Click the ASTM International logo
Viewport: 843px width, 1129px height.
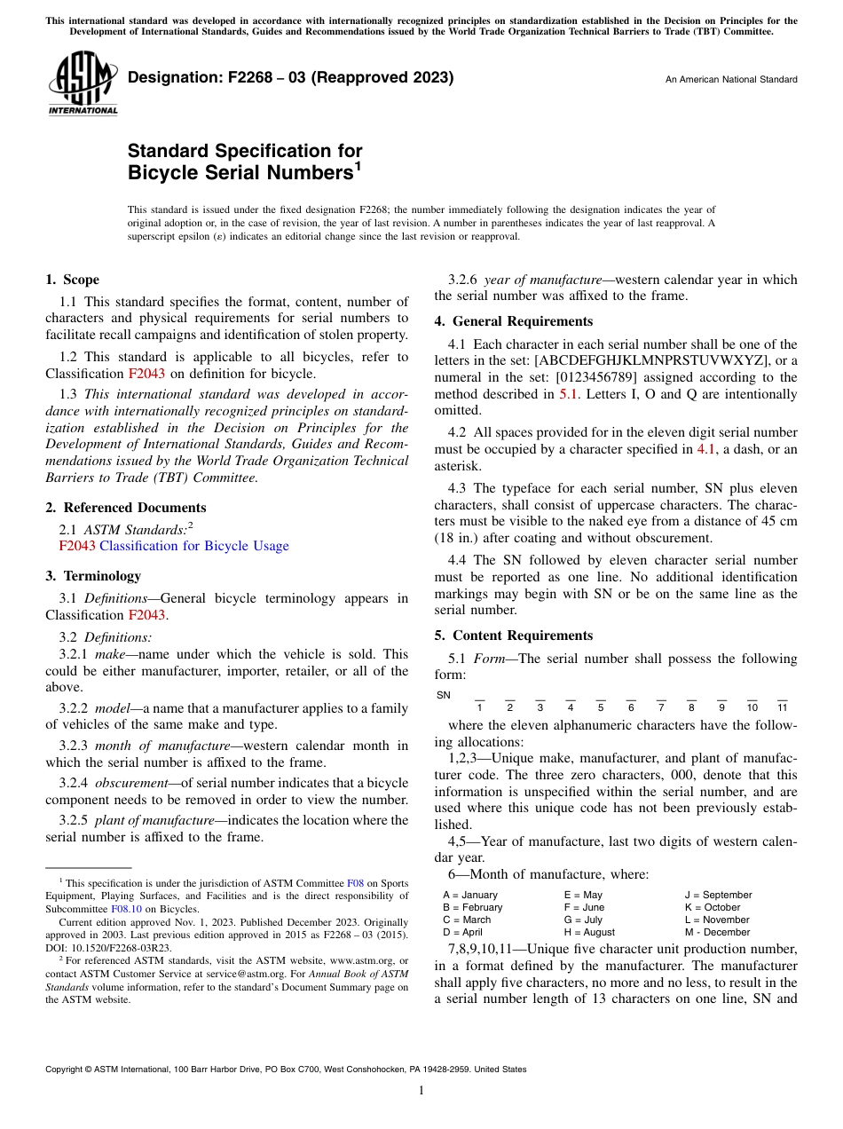[83, 83]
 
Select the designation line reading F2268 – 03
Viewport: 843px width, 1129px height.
[290, 78]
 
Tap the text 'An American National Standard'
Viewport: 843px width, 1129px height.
[730, 80]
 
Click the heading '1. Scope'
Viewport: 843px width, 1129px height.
[72, 280]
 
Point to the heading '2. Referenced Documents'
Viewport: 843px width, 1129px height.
[125, 508]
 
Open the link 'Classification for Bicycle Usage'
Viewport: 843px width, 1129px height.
[193, 546]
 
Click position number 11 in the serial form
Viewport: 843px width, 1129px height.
[782, 707]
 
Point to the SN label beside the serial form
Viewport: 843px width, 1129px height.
[444, 695]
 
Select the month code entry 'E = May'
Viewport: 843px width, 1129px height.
[583, 895]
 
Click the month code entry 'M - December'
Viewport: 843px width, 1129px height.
[717, 932]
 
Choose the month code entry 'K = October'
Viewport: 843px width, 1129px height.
[713, 907]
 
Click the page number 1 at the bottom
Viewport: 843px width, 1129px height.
[421, 1090]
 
